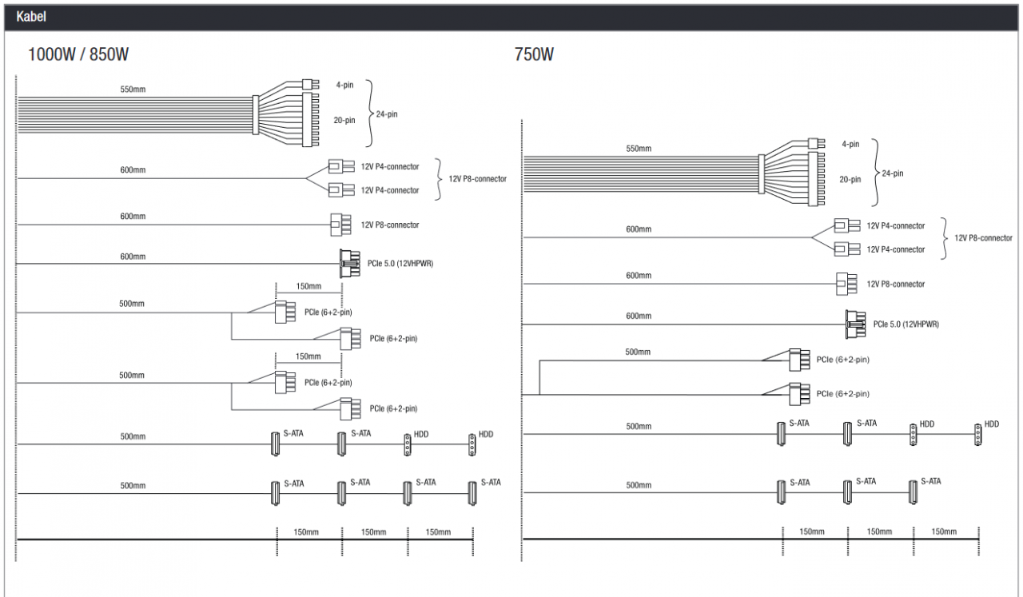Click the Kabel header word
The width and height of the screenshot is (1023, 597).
coord(31,17)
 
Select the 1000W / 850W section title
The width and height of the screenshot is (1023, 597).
coord(78,54)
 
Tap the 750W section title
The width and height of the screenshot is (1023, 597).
coord(534,54)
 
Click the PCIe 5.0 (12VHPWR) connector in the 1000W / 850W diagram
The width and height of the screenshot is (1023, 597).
coord(350,264)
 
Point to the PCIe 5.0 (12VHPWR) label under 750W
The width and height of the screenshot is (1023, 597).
coord(906,324)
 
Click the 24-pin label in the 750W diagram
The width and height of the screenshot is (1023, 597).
coord(893,173)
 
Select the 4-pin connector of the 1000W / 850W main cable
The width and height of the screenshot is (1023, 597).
coord(310,84)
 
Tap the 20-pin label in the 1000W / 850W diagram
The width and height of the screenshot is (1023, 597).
coord(344,120)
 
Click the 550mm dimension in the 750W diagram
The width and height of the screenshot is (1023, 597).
coord(639,149)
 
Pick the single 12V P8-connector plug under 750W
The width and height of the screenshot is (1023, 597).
coord(846,284)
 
